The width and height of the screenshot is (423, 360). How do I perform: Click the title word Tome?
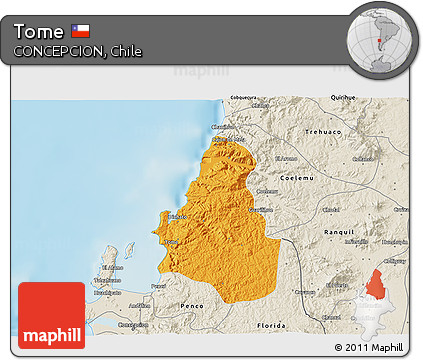point(39,31)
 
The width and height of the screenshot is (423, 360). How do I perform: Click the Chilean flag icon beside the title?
point(80,31)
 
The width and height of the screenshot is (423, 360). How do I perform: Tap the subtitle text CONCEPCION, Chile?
point(77,51)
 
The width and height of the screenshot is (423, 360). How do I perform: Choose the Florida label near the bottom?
point(271,326)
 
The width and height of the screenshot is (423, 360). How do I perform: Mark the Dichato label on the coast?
point(177,216)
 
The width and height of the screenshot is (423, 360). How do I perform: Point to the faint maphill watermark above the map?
point(196,71)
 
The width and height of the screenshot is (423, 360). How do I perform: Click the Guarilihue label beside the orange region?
point(261,210)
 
